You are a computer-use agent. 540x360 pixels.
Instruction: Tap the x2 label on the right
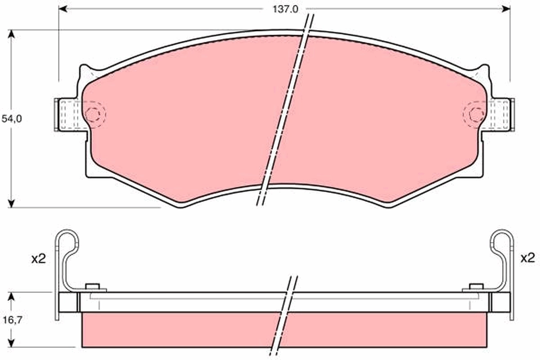[527, 258]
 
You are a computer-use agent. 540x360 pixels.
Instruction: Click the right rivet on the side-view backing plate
[476, 287]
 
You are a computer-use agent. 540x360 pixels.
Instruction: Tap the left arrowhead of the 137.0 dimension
[63, 9]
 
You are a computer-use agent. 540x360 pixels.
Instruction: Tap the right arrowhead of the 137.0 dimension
[506, 9]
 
